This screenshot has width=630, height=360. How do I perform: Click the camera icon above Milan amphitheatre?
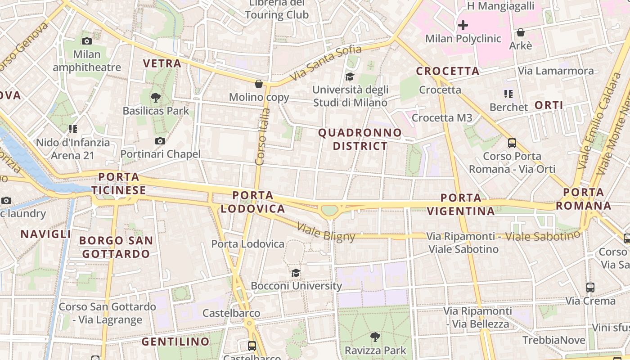(87, 41)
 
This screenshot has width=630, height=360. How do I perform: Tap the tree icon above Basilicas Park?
(156, 97)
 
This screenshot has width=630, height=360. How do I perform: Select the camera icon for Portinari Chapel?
(160, 141)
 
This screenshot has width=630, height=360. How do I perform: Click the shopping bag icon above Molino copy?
(259, 84)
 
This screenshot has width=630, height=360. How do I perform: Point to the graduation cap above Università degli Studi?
(350, 77)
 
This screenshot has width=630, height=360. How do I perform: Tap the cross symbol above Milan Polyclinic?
(463, 25)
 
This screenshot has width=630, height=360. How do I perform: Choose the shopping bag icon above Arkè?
(520, 32)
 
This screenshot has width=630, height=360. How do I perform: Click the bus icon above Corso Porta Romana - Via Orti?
(512, 143)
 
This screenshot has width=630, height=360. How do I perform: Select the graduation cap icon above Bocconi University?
(296, 273)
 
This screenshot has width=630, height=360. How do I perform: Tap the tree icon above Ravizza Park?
(375, 337)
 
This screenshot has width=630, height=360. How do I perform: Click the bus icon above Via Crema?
(590, 287)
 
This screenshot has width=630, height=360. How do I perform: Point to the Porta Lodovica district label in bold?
(253, 202)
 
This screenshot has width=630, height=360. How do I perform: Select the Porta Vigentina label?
(461, 204)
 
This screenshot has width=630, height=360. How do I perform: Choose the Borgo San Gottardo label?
(116, 247)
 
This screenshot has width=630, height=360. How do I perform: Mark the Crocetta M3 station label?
(442, 118)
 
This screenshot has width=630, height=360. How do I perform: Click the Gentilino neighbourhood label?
(176, 342)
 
